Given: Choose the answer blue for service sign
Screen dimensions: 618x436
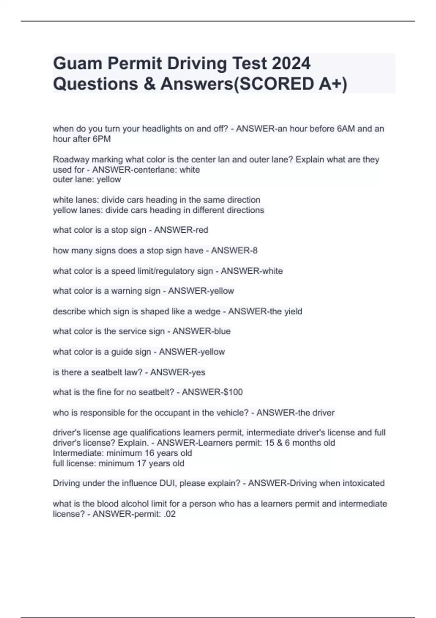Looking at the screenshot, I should [x=222, y=331].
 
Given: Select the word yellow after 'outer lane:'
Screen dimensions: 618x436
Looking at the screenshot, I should [x=109, y=180].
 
